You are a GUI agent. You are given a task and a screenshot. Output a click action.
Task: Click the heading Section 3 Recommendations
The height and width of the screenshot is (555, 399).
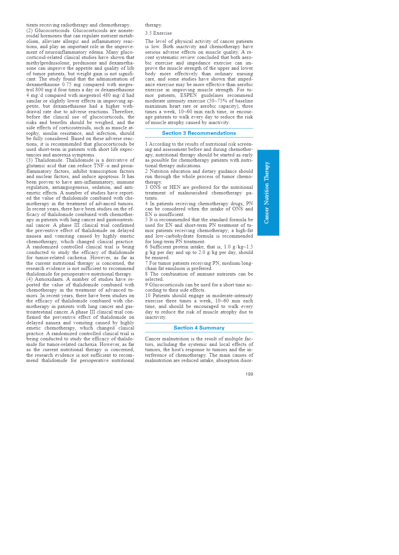pyautogui.click(x=199, y=133)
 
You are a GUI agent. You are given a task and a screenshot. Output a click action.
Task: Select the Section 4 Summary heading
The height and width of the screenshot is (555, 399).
pyautogui.click(x=199, y=328)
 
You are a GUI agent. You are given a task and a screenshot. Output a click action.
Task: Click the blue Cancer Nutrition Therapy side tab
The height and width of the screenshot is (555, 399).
pyautogui.click(x=268, y=193)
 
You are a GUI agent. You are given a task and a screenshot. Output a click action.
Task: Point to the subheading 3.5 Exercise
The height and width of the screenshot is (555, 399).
pyautogui.click(x=158, y=33)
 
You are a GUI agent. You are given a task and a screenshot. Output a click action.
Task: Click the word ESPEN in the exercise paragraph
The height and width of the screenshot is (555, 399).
pyautogui.click(x=188, y=96)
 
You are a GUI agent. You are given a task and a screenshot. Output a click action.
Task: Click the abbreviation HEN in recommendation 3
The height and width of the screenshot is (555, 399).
pyautogui.click(x=175, y=188)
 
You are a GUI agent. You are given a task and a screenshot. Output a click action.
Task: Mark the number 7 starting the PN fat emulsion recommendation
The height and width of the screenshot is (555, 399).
pyautogui.click(x=146, y=263)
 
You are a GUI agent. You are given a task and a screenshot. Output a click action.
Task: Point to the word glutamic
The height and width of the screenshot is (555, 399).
pyautogui.click(x=35, y=166)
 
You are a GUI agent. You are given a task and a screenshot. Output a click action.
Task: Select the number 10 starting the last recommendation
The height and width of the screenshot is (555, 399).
pyautogui.click(x=148, y=295)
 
